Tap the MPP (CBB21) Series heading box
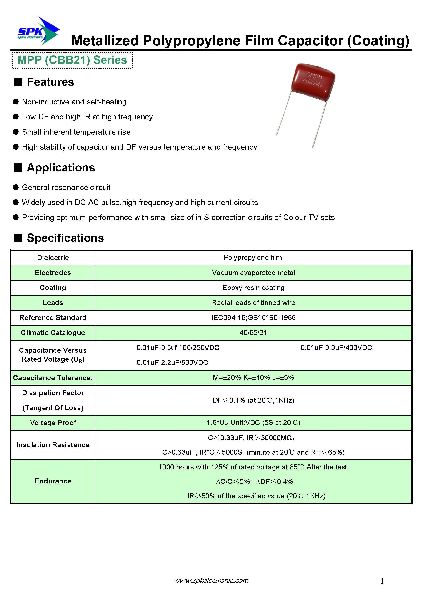pyautogui.click(x=72, y=60)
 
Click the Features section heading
pyautogui.click(x=50, y=82)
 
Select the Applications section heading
pyautogui.click(x=61, y=168)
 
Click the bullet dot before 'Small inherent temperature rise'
pyautogui.click(x=16, y=132)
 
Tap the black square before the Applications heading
pyautogui.click(x=18, y=168)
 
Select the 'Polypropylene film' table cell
pyautogui.click(x=253, y=258)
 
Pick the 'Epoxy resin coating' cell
pyautogui.click(x=253, y=288)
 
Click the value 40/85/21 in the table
pyautogui.click(x=253, y=333)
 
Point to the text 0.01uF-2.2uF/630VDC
pyautogui.click(x=172, y=363)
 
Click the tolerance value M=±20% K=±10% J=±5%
pyautogui.click(x=253, y=378)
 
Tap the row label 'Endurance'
pyautogui.click(x=53, y=481)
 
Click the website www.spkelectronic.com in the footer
pyautogui.click(x=211, y=580)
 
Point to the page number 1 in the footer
pyautogui.click(x=382, y=581)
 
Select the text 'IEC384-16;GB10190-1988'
pyautogui.click(x=253, y=318)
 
